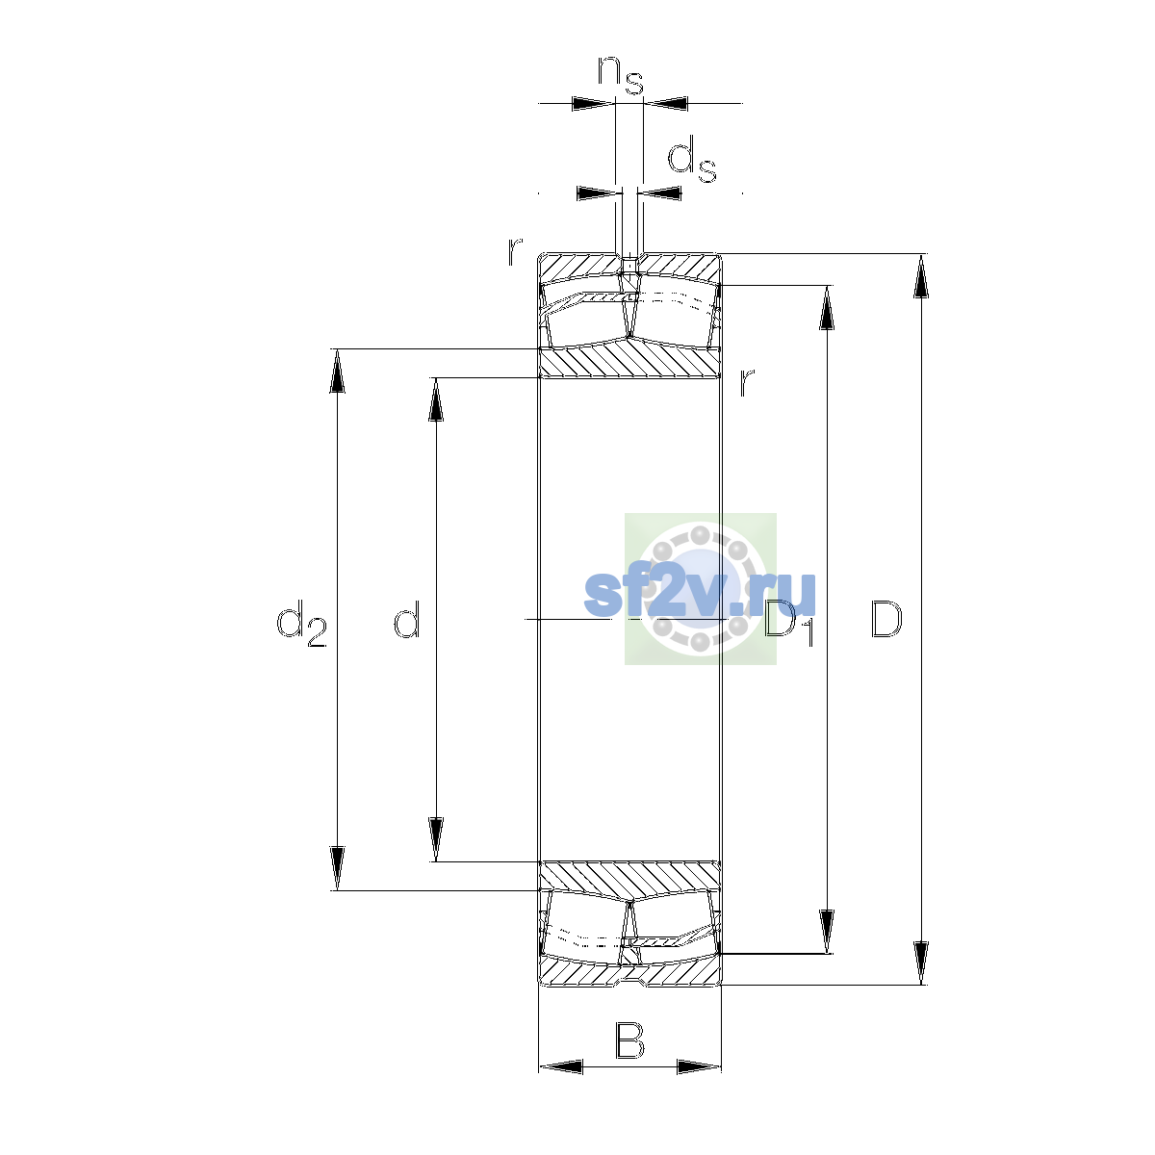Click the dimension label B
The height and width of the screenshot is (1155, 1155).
click(629, 1040)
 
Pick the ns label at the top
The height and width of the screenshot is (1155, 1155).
click(621, 75)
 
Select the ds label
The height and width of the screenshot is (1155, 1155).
click(692, 160)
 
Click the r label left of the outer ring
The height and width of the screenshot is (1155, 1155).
click(514, 252)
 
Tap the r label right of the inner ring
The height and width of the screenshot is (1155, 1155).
click(746, 382)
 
